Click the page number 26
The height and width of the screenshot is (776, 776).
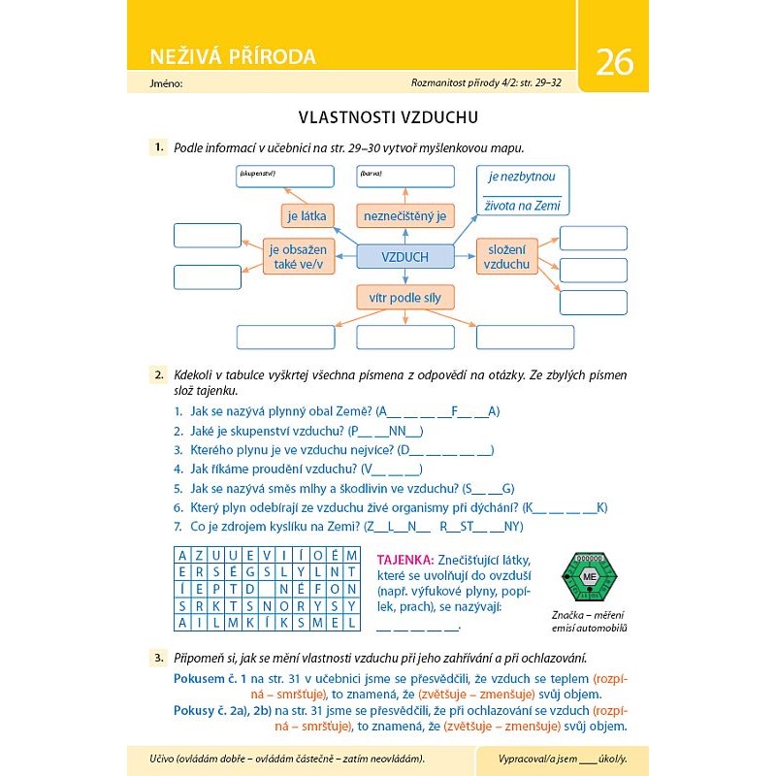(x=614, y=62)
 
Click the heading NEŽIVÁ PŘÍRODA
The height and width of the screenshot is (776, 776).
(x=233, y=56)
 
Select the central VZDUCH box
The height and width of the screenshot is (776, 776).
(x=405, y=256)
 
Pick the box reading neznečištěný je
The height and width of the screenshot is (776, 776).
(x=405, y=215)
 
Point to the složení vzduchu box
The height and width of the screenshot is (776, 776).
(x=506, y=256)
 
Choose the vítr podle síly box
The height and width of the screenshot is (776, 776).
(x=405, y=297)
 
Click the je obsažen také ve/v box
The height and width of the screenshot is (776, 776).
(x=298, y=256)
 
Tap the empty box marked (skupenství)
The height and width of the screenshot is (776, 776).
(x=283, y=177)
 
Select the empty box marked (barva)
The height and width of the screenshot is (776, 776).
(x=405, y=177)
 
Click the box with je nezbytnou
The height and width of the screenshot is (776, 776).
(x=522, y=190)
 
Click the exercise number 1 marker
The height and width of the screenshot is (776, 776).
(x=157, y=147)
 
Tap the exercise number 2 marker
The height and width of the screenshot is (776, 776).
(x=157, y=372)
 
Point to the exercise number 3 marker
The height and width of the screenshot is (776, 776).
(x=157, y=657)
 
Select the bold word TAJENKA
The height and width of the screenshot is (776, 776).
(x=404, y=560)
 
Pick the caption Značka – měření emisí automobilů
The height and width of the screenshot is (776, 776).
(x=589, y=622)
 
